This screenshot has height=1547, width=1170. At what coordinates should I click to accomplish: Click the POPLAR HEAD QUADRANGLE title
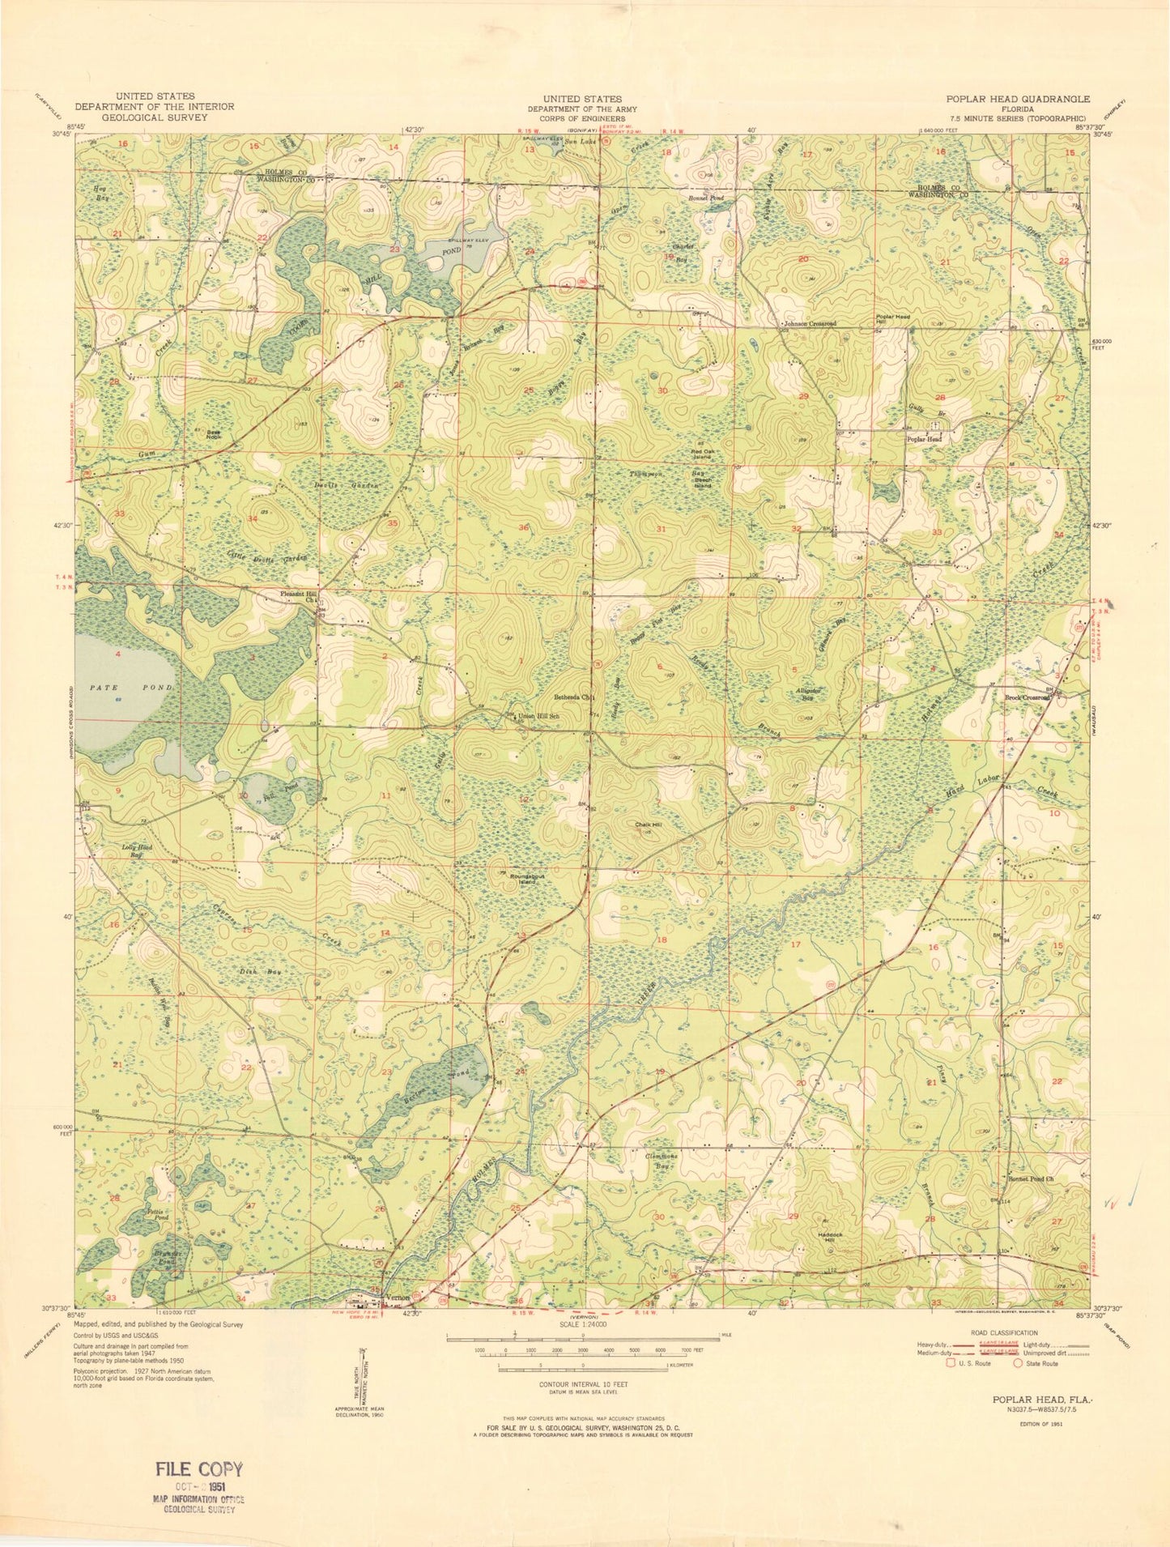coord(1018,99)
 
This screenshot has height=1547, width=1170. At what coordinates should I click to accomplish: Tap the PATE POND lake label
coord(126,687)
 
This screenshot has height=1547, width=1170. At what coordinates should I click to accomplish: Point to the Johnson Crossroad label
coord(810,324)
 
